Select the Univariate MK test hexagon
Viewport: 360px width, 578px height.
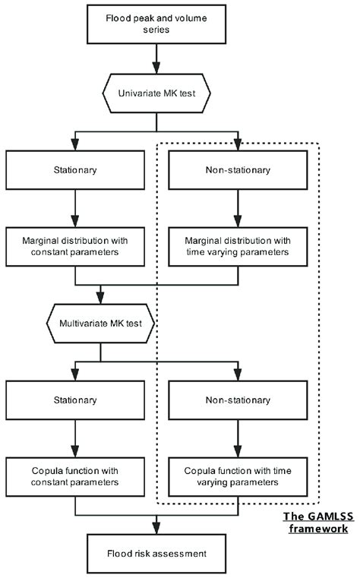tap(156, 96)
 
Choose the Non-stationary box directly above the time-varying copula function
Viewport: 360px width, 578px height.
tap(238, 400)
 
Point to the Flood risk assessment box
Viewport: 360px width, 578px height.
tap(156, 553)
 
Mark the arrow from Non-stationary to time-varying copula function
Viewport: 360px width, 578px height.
tap(238, 438)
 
